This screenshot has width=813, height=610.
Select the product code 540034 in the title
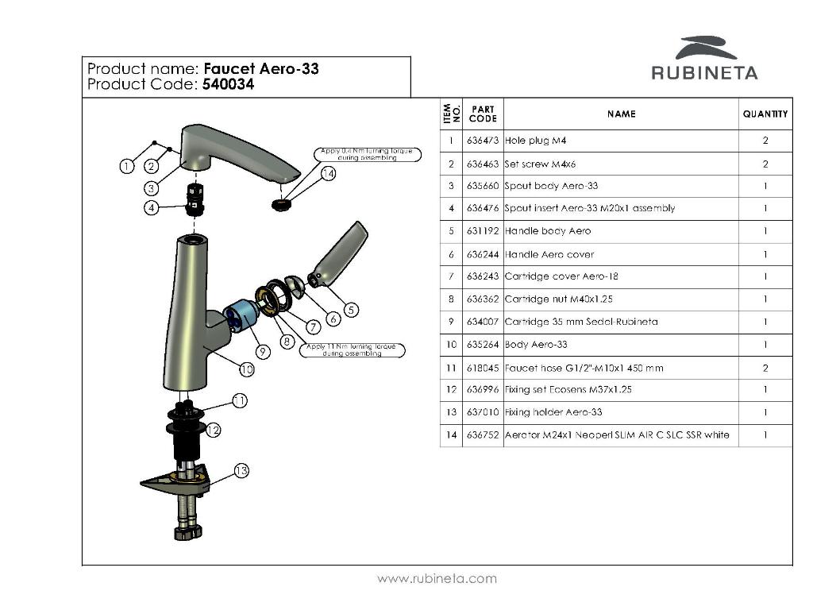tap(229, 85)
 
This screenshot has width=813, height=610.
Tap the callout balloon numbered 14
tap(328, 173)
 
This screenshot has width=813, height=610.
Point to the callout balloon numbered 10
tap(246, 369)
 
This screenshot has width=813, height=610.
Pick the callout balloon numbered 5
tap(351, 310)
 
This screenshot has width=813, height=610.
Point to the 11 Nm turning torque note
tap(353, 350)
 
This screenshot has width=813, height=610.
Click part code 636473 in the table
tap(483, 141)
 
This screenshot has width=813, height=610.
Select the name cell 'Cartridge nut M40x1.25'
tap(559, 299)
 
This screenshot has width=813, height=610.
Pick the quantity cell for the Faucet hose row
tap(765, 368)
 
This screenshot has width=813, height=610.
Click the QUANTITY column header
tap(765, 114)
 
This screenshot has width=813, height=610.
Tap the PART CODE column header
tap(483, 114)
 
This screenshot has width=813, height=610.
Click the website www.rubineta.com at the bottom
tap(437, 578)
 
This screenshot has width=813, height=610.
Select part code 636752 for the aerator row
tap(483, 435)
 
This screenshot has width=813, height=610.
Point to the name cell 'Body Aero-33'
tap(536, 345)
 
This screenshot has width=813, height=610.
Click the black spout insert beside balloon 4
tap(195, 199)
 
